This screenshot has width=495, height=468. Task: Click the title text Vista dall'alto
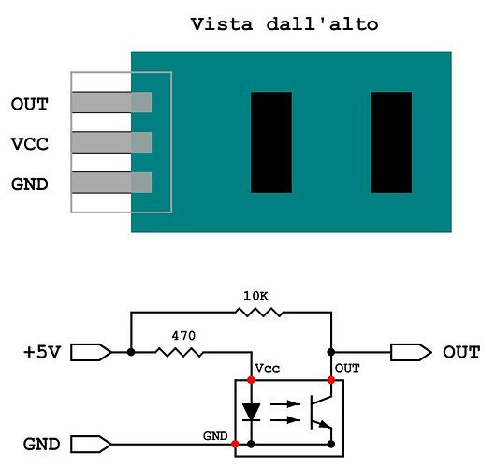284,23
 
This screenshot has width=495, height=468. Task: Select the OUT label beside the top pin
29,103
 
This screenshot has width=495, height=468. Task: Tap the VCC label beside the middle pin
29,143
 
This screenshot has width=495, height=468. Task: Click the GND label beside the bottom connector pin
29,183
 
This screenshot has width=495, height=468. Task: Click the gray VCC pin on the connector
110,142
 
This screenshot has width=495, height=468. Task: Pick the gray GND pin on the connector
110,183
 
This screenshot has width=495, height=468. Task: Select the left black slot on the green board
271,142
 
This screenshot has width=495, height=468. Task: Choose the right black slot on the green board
391,142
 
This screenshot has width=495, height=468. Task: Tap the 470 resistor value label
183,333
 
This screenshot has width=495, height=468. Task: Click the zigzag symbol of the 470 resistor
179,353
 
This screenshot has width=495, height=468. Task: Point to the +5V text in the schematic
43,353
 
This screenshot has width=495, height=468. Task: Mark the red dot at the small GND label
235,444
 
